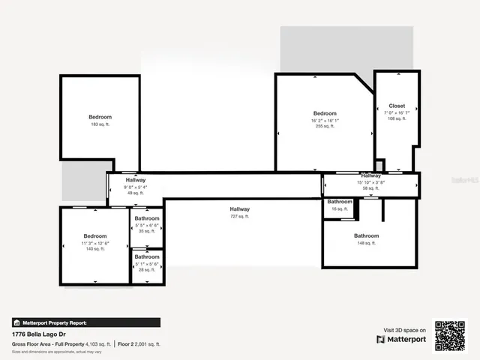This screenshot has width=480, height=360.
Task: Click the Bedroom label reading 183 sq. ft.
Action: pos(100,117)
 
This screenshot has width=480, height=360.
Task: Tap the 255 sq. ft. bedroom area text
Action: pos(325,127)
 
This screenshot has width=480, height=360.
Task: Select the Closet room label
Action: pos(397,106)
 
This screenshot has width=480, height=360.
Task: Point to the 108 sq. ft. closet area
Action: pos(397,118)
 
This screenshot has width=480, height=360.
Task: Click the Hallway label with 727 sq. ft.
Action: pos(240,209)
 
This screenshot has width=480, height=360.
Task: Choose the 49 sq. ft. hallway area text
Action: pos(136,193)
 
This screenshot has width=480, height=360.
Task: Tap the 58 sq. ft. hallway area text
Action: pos(370,188)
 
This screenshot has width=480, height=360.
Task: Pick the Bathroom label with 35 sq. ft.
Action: pos(147,218)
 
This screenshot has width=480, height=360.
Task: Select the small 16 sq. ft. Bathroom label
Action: pos(340,202)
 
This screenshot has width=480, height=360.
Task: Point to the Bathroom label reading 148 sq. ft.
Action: pos(367,236)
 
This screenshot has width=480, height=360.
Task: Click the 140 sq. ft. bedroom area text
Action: pos(95,249)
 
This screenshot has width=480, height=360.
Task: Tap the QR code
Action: pos(451,335)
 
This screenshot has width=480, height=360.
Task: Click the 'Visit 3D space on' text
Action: pos(405,329)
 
